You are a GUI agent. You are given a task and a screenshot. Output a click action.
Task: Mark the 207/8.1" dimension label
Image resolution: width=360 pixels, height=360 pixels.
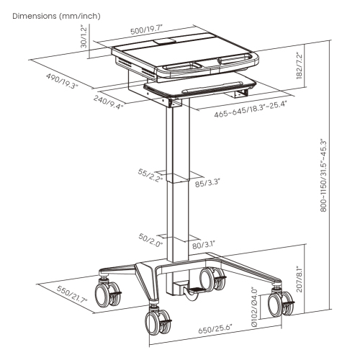tap(298, 278)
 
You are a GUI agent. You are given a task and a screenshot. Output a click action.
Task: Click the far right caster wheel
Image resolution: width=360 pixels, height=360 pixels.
tap(278, 302)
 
